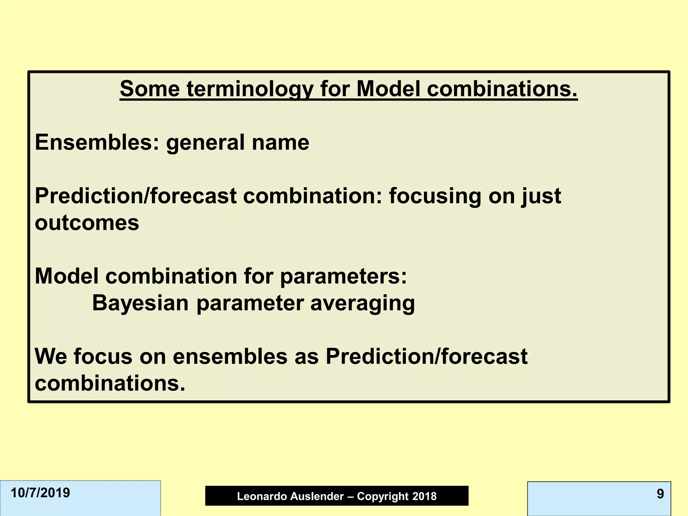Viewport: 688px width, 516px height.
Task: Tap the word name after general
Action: click(281, 142)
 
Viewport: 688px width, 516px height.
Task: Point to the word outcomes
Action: click(87, 223)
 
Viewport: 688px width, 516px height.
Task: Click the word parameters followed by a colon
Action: click(343, 277)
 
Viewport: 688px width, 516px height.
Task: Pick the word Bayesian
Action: click(140, 303)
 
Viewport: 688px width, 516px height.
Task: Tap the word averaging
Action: click(363, 304)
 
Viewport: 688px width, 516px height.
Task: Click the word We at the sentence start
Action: click(50, 357)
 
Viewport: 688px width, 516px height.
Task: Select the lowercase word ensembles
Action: click(230, 357)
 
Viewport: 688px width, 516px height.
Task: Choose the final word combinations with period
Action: click(110, 384)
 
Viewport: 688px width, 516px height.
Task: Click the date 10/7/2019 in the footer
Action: click(40, 493)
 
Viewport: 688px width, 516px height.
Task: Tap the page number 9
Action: click(660, 494)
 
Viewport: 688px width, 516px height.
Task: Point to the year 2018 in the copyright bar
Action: click(424, 497)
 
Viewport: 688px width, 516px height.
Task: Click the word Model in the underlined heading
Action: click(388, 89)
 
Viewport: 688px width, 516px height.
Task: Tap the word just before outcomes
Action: click(541, 196)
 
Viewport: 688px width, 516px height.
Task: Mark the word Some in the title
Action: click(150, 89)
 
